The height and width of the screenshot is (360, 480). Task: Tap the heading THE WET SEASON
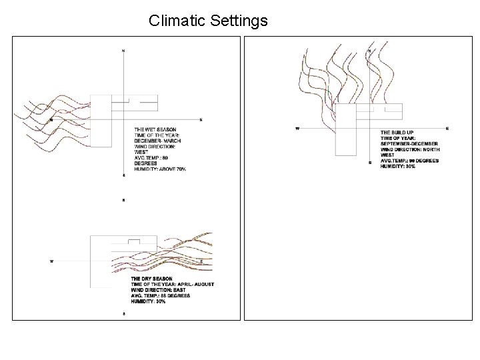coord(155,129)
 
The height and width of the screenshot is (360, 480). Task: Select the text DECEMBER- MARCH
coord(159,141)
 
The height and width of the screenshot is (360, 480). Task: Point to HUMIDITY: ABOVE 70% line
coord(160,170)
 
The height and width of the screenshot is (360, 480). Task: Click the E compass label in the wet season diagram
coord(201,120)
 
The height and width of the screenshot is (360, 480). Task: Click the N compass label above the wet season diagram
coord(123,51)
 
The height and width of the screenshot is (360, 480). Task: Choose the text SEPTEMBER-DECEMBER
coord(409,144)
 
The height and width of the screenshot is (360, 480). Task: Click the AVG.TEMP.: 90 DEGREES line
coord(409,161)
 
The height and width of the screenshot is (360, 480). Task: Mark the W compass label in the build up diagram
coord(297,128)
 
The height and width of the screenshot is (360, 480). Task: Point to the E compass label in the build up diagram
coord(447,128)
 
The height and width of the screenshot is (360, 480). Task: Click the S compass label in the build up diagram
coord(369,163)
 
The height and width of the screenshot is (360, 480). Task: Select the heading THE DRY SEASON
coord(152,278)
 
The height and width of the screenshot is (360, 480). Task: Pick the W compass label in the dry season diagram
coord(52,261)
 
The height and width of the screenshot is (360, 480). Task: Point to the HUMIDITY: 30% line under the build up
coord(397,166)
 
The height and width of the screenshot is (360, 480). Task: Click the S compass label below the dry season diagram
coord(123,313)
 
